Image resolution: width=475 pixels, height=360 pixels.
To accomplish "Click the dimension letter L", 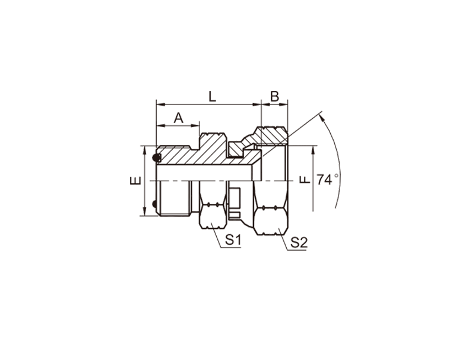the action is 213,97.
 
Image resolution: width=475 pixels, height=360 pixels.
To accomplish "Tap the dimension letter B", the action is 274,97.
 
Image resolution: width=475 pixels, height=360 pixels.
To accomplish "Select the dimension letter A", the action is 179,118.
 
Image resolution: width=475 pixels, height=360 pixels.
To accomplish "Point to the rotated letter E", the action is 135,181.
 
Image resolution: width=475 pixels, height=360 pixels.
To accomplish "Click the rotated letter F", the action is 305,180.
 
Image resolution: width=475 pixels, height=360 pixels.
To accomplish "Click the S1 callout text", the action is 233,241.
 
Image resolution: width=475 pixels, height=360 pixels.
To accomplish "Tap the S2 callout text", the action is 299,242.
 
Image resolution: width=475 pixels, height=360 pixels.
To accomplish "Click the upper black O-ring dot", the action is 156,157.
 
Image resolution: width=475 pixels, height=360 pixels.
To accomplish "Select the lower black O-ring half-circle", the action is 154,204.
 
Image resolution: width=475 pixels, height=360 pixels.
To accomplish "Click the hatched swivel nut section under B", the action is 271,136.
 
